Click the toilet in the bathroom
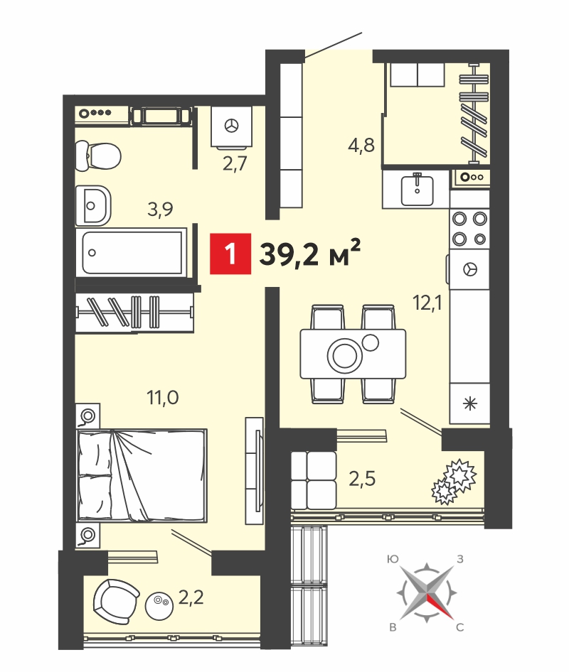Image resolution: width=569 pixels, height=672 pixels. click(x=98, y=156)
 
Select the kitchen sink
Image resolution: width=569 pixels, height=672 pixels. click(x=417, y=190)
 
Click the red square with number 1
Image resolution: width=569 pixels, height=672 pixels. click(x=230, y=254)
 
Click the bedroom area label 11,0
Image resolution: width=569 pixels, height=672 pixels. click(x=163, y=398)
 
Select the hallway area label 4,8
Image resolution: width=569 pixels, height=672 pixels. click(x=361, y=146)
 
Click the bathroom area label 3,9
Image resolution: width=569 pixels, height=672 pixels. click(x=160, y=210)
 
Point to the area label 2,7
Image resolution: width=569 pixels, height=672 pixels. click(x=235, y=163)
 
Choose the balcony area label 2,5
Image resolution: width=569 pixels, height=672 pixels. click(x=362, y=479)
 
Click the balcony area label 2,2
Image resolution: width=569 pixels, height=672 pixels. click(x=191, y=597)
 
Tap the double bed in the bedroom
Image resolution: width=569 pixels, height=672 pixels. click(x=142, y=475)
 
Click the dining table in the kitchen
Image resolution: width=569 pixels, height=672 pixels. click(x=353, y=354)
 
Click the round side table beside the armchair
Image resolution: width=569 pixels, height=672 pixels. click(x=159, y=606)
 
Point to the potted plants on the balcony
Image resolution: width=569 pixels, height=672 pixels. click(x=454, y=481)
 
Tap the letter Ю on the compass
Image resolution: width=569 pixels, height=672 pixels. click(x=393, y=559)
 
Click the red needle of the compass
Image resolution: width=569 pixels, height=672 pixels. click(x=440, y=607)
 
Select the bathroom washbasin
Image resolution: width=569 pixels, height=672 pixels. click(x=93, y=206)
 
